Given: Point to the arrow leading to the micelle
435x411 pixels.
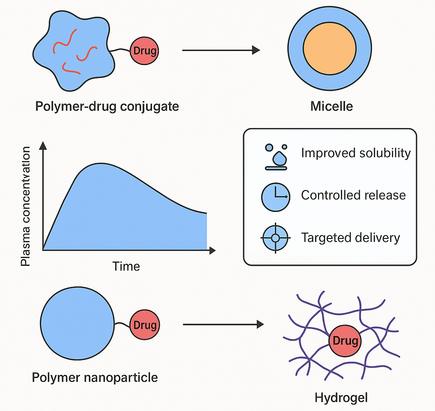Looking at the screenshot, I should pos(221,51).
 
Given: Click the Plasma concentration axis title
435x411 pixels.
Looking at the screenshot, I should pos(26,206).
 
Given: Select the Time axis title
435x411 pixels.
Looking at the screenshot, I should pos(126,266).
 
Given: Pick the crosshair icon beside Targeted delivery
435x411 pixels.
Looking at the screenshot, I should pos(275,237).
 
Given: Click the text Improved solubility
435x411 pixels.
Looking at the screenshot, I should pos(356,153).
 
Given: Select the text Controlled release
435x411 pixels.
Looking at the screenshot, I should pos(353,195).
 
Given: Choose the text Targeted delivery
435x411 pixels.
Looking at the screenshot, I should pos(350,237).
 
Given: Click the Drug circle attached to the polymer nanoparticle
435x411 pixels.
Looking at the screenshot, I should pos(145,325).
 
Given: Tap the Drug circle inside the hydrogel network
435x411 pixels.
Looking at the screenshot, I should pos(345,341).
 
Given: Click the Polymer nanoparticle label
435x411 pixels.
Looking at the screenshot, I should pos(95,378).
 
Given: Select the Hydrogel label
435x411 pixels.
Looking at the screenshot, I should pos(341,398).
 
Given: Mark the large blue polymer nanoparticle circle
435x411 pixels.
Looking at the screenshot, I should pos(77,324).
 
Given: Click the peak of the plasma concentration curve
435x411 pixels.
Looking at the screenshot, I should pos(101,164).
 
